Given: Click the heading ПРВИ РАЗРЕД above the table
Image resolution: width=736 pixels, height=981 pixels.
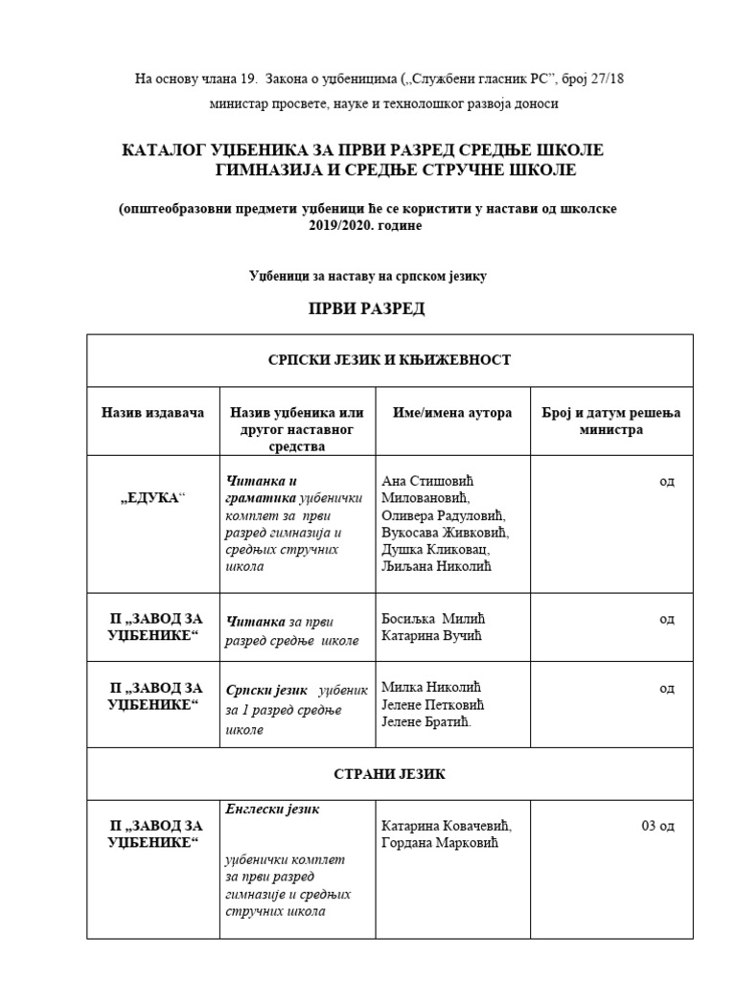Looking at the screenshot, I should click(365, 309).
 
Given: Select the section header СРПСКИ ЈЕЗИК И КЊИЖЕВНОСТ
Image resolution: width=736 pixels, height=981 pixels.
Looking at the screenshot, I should click(389, 360).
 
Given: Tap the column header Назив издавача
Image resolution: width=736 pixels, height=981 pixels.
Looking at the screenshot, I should click(153, 413).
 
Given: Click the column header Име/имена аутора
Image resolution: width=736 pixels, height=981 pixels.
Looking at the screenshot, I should click(452, 413).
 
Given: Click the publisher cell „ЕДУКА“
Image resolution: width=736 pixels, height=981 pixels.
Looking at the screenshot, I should click(153, 499).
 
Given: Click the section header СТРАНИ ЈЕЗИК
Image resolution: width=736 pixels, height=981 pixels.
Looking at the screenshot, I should click(389, 774).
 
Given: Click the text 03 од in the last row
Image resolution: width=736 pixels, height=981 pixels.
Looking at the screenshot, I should click(657, 825).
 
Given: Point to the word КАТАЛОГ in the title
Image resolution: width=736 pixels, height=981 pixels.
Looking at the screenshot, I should click(168, 150).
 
